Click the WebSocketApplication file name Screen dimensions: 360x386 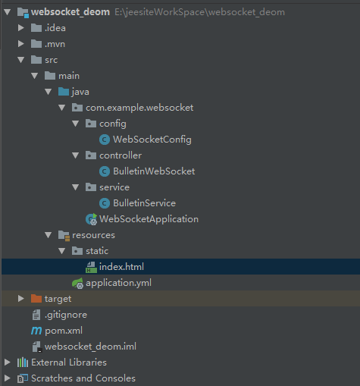point(149,219)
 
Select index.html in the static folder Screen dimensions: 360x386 point(121,267)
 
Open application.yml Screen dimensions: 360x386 point(118,283)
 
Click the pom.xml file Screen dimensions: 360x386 point(64,331)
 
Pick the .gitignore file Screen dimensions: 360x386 point(66,315)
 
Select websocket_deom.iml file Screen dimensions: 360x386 point(90,347)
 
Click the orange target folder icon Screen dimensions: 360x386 point(36,299)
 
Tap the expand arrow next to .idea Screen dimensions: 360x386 point(21,28)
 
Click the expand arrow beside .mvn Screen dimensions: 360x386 point(21,44)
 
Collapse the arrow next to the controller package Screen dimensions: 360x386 point(76,155)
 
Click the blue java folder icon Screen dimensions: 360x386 point(64,92)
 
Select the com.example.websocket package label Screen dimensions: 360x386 point(139,108)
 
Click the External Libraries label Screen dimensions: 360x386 point(69,362)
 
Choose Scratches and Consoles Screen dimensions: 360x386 point(83,378)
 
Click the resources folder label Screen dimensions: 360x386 point(93,235)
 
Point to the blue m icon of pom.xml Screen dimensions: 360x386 point(36,331)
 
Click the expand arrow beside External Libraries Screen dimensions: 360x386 point(8,362)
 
